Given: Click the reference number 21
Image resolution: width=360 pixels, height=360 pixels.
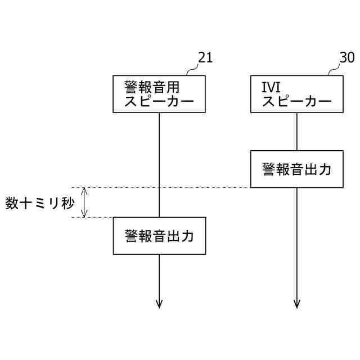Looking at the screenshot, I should click(x=205, y=58).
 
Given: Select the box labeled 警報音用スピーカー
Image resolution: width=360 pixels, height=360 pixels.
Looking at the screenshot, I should click(x=159, y=94).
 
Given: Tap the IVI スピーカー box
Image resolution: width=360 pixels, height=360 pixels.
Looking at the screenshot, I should click(x=297, y=94).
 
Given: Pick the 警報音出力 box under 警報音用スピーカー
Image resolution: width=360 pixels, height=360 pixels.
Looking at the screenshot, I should click(x=159, y=235).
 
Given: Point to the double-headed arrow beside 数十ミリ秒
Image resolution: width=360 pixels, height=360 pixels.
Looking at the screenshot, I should click(x=84, y=202).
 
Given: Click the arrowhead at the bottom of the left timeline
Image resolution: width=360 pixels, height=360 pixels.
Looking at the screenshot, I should click(x=159, y=304).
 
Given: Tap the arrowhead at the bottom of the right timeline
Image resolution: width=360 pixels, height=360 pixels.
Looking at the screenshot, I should click(x=297, y=304).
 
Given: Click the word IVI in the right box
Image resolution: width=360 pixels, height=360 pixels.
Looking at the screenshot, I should click(x=272, y=87).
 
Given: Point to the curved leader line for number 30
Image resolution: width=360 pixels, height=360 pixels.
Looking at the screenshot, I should click(x=334, y=69).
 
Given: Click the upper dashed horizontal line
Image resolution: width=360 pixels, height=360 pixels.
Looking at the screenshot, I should click(x=163, y=187).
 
